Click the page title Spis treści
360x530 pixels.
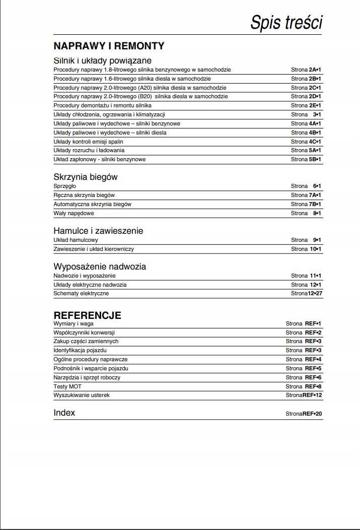pos(286,23)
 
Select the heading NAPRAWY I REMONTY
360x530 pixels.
pos(109,46)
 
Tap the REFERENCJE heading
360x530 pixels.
pos(87,315)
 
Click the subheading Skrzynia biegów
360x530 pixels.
pos(86,177)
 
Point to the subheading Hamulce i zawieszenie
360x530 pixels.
pos(98,231)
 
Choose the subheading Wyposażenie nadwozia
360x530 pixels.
pos(100,267)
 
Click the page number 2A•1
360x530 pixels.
pos(315,70)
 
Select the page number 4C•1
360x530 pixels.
pos(315,142)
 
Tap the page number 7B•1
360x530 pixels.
pos(315,204)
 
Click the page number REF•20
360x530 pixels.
pos(312,414)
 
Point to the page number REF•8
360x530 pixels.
pos(313,386)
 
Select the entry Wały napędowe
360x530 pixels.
pos(73,213)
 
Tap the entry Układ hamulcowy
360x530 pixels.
pos(76,240)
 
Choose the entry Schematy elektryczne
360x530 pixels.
pos(81,293)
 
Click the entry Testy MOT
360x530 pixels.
pos(67,386)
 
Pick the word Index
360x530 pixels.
pos(64,413)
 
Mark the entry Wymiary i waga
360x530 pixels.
pos(74,323)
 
